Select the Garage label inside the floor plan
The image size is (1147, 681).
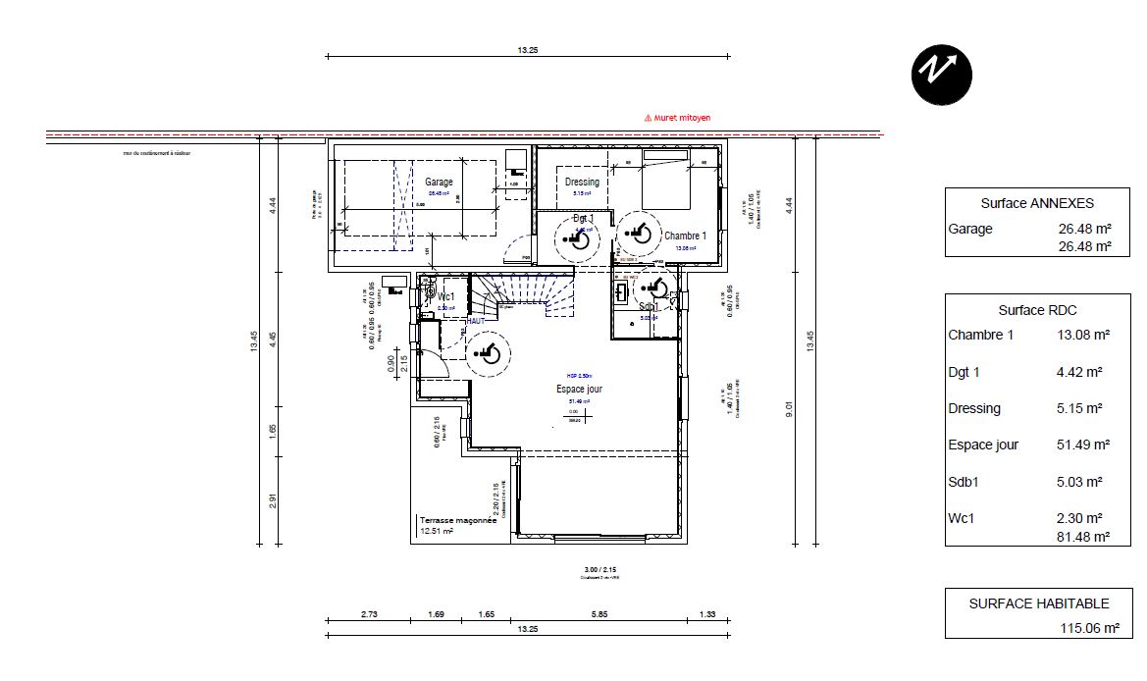(x=439, y=183)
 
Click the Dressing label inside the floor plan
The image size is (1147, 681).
(x=582, y=183)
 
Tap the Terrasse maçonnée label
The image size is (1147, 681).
(x=457, y=520)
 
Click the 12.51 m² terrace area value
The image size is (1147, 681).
(x=436, y=532)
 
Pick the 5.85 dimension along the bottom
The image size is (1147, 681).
(x=599, y=614)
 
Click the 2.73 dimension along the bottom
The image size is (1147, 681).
(x=370, y=614)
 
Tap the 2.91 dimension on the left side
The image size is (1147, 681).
(x=274, y=501)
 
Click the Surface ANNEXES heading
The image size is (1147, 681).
(x=1037, y=204)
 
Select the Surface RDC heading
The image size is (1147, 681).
(x=1037, y=310)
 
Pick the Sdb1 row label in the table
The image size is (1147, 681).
(x=965, y=481)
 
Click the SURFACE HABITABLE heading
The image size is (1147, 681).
(x=1038, y=604)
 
